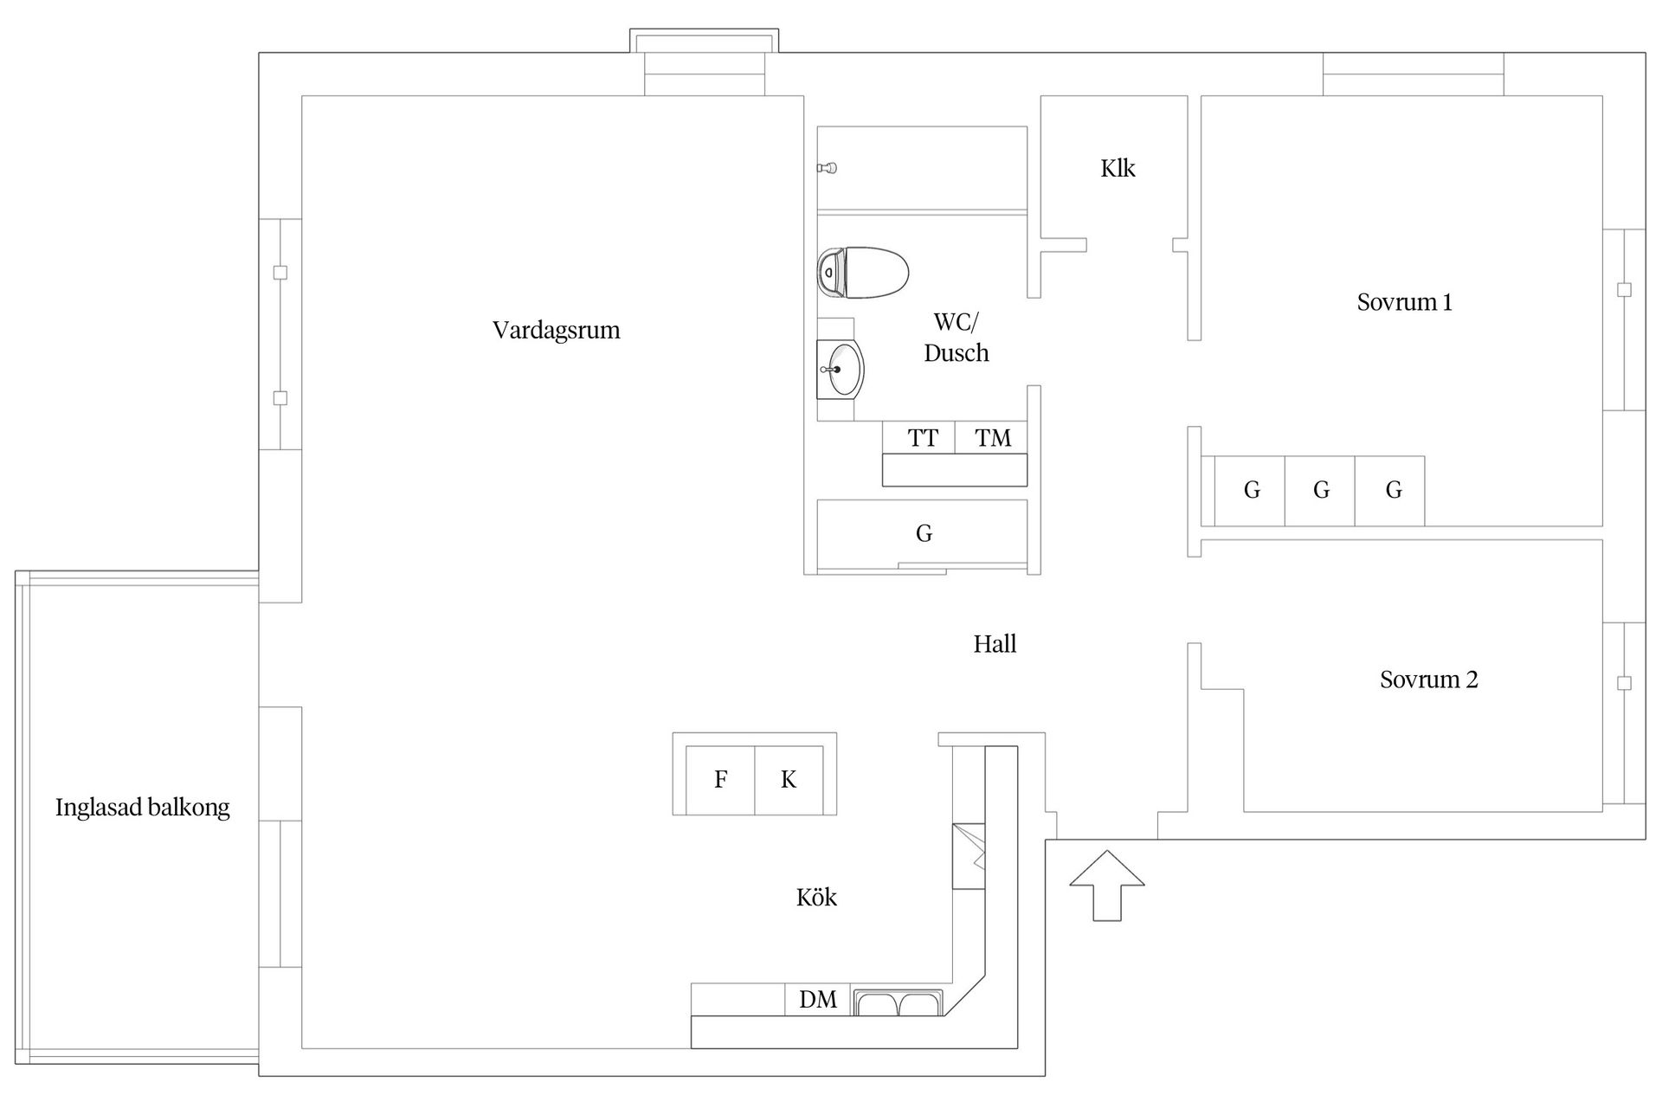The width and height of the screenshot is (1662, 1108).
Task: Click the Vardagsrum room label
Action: tap(557, 331)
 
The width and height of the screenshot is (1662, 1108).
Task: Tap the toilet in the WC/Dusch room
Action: tap(863, 272)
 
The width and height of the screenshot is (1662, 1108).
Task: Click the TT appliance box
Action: tap(919, 437)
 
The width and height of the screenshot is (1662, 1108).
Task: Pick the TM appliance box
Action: tap(992, 437)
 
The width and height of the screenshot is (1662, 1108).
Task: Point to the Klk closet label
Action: tap(1118, 168)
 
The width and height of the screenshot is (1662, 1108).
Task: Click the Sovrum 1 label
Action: tap(1404, 302)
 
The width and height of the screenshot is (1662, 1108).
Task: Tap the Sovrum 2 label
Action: tap(1429, 680)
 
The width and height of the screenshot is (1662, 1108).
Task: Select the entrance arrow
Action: tap(1107, 886)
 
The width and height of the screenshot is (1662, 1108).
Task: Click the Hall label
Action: tap(995, 644)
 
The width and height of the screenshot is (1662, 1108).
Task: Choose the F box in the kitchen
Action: tap(720, 780)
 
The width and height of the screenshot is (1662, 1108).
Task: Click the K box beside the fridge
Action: tap(789, 780)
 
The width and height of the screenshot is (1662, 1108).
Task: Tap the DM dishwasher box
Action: tap(818, 1000)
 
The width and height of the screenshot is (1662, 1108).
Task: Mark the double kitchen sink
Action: tap(899, 1002)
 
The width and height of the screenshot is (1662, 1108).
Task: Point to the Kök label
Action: tap(816, 898)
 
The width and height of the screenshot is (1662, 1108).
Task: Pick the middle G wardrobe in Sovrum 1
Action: tap(1320, 491)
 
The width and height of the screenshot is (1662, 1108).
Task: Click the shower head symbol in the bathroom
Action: tap(828, 168)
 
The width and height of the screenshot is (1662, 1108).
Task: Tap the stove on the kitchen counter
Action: tap(969, 856)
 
